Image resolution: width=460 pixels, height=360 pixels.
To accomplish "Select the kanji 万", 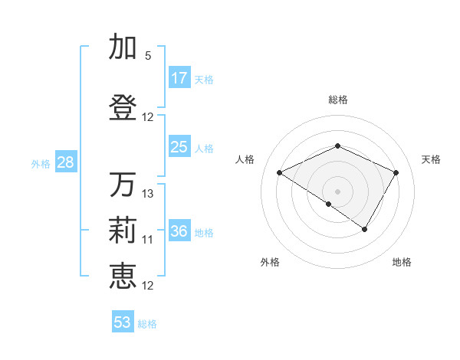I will [x=123, y=185].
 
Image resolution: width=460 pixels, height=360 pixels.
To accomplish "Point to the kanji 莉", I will [x=123, y=230].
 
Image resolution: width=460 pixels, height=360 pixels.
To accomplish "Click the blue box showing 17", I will [x=179, y=78].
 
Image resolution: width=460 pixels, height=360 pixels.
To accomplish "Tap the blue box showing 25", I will [x=179, y=147].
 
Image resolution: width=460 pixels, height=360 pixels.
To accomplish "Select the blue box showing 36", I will [x=179, y=231].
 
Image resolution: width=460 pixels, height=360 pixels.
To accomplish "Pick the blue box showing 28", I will [x=65, y=162].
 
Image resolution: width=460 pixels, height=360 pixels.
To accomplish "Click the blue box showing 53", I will [x=123, y=322].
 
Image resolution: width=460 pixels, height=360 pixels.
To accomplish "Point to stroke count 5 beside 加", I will [x=148, y=56].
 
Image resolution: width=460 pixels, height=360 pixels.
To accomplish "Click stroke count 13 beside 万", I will [x=148, y=194].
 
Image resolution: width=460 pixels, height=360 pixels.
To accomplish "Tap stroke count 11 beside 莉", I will [x=148, y=240].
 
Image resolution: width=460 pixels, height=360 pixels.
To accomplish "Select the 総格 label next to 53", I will [x=148, y=324].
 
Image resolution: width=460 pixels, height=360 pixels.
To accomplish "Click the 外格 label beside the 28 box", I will [x=41, y=163].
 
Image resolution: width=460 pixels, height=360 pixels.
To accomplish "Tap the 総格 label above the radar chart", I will [x=337, y=100].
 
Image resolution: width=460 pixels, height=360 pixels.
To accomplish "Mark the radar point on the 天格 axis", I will [x=396, y=173].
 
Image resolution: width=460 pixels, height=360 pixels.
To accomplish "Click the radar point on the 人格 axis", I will [x=280, y=173].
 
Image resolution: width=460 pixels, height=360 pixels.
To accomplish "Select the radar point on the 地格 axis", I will [x=365, y=229].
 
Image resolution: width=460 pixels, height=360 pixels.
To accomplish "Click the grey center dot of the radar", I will [x=337, y=191].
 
